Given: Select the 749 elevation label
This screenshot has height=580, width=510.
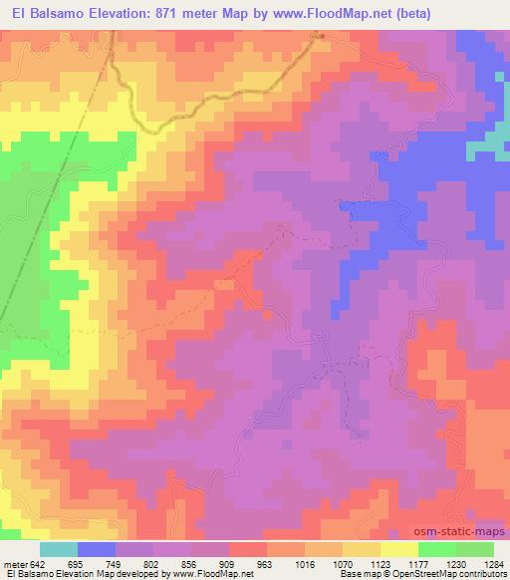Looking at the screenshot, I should click(x=116, y=563).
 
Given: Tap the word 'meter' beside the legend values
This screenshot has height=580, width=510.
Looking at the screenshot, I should click(x=16, y=563).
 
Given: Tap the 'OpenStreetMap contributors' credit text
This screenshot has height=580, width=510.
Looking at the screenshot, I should click(x=443, y=575).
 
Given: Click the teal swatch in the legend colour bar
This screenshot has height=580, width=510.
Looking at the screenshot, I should click(x=59, y=549).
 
